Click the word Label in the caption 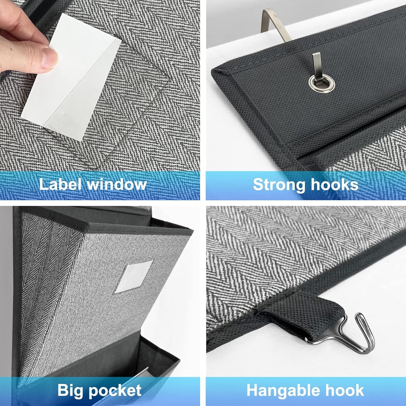click(60, 184)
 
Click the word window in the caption click(117, 185)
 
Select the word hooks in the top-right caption click(335, 185)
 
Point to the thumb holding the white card click(48, 58)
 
